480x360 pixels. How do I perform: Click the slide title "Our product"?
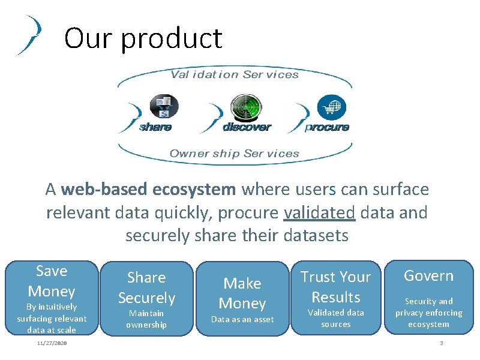click(x=143, y=38)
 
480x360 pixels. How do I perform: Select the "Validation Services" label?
click(x=235, y=74)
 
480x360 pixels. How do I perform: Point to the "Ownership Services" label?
click(x=234, y=154)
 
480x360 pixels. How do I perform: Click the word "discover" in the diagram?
click(x=247, y=127)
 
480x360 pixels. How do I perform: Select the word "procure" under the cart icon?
click(x=328, y=127)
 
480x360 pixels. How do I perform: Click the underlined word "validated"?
click(x=319, y=212)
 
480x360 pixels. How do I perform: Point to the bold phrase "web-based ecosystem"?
click(x=148, y=190)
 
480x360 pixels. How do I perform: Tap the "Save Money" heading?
click(x=52, y=281)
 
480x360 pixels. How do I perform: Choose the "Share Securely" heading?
click(x=146, y=287)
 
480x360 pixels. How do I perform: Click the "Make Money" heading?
click(x=242, y=293)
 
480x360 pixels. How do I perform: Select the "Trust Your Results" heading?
click(x=335, y=286)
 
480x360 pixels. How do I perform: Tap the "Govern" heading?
click(x=428, y=275)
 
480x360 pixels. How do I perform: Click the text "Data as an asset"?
click(x=242, y=319)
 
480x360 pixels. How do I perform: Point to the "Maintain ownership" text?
click(x=146, y=319)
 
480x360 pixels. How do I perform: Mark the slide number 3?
click(x=441, y=343)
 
